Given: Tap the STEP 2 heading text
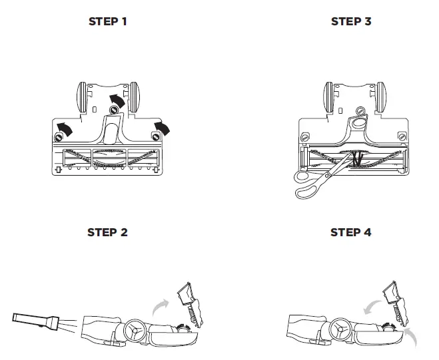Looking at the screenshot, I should (x=107, y=232).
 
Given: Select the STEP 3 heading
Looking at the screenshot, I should (x=350, y=21).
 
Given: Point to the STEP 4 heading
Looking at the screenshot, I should (x=350, y=232).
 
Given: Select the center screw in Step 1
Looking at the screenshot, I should (x=114, y=108).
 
